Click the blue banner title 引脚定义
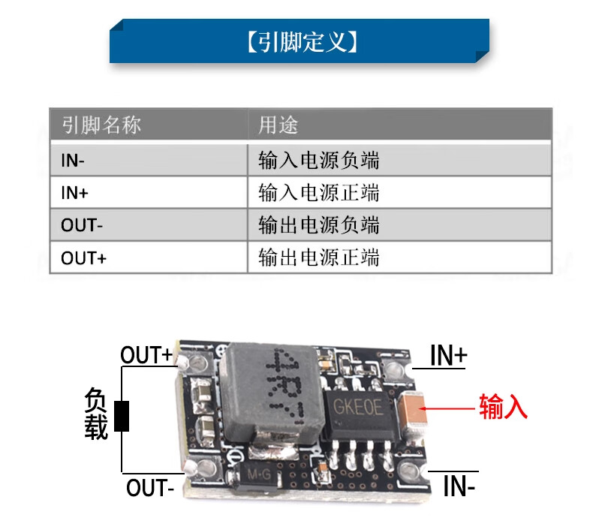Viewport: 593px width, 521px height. click(x=303, y=41)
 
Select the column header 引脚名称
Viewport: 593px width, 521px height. click(x=101, y=125)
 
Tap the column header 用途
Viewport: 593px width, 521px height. click(x=278, y=125)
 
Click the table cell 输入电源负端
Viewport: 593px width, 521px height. click(x=318, y=161)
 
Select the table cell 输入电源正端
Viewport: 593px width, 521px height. click(x=318, y=193)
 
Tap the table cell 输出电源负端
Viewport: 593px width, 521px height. click(x=318, y=225)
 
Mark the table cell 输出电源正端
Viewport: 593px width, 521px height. click(x=318, y=258)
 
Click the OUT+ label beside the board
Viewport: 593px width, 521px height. click(x=146, y=355)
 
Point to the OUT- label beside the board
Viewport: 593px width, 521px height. click(x=150, y=488)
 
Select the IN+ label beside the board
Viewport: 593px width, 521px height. click(x=449, y=355)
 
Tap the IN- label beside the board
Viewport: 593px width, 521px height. click(x=459, y=486)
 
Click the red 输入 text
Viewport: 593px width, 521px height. click(x=503, y=406)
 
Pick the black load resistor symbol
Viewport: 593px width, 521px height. click(x=122, y=416)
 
